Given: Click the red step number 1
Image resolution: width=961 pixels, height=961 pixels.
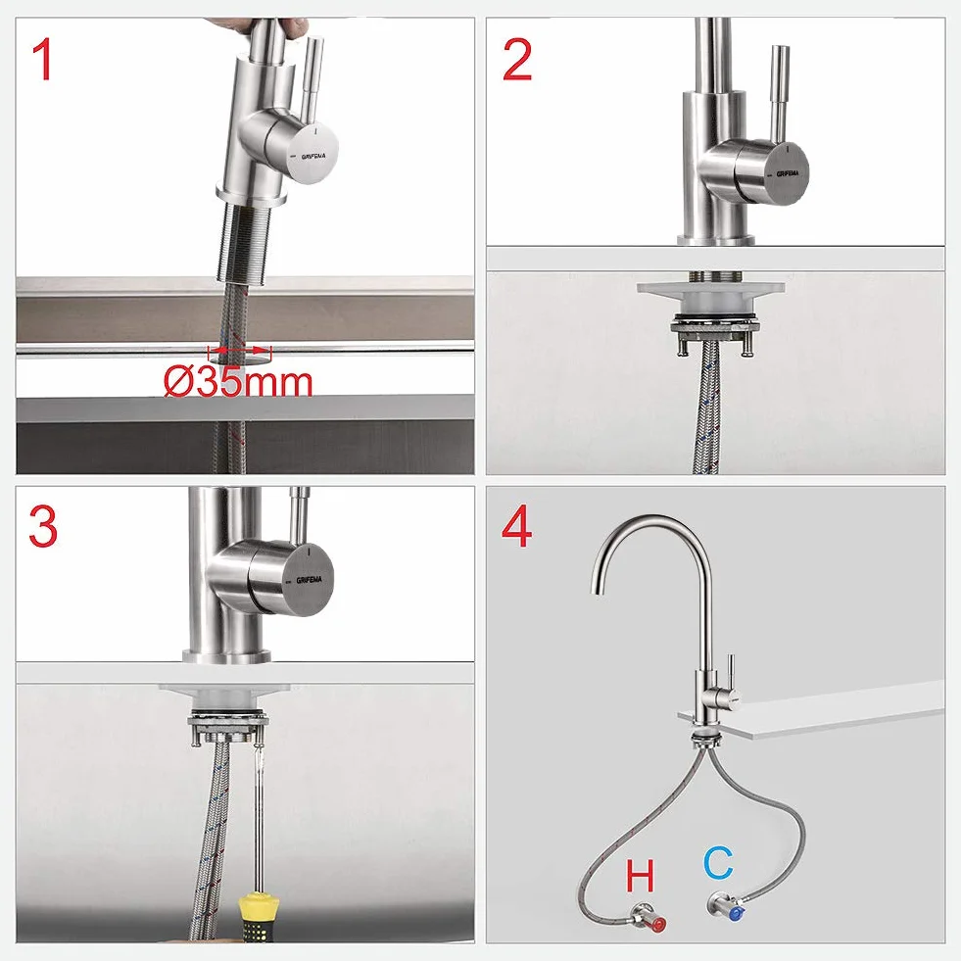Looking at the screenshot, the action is [x=42, y=60].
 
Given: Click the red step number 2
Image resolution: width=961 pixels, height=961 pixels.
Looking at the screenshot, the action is [x=516, y=60].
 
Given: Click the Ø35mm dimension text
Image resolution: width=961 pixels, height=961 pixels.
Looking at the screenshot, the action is [x=238, y=382].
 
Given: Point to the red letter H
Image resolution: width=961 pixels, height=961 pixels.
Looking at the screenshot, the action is [x=640, y=876].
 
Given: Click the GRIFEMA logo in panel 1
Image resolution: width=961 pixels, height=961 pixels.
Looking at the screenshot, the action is [x=313, y=157].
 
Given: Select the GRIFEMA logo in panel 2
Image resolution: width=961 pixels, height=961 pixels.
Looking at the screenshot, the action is [x=788, y=173].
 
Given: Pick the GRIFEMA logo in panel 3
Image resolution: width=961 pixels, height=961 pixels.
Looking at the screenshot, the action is [x=310, y=580].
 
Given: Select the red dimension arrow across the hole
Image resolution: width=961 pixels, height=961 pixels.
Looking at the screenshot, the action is [x=240, y=351].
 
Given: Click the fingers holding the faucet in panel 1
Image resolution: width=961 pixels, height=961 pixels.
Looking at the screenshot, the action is [x=257, y=24].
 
